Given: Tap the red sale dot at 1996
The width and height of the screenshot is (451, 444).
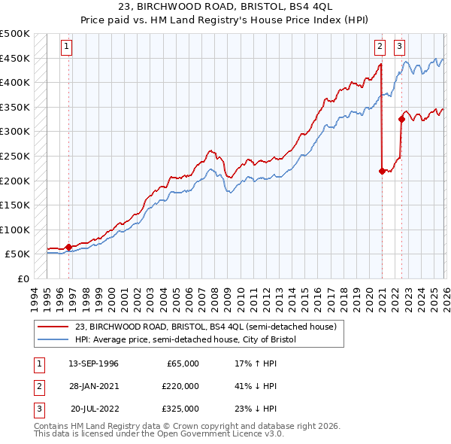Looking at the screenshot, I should (68, 246).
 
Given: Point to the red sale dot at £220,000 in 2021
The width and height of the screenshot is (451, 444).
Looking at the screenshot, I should (382, 171).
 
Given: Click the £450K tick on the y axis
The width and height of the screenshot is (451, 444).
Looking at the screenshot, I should (16, 58).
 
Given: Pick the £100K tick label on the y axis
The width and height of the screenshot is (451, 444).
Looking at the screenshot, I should (16, 230).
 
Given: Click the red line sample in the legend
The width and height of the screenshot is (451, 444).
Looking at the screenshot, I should (53, 327).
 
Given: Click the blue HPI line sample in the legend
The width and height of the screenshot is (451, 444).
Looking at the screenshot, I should (53, 339).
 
